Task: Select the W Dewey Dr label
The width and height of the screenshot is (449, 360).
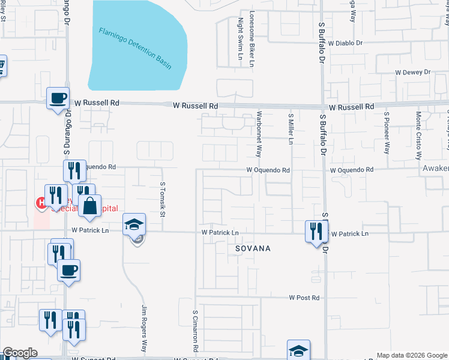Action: tap(413, 72)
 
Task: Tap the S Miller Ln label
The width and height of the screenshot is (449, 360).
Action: tap(291, 130)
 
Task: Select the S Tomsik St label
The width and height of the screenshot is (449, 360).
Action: tap(163, 200)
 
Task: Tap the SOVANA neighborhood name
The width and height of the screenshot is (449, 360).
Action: tap(253, 248)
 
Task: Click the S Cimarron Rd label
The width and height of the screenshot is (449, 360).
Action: tap(196, 330)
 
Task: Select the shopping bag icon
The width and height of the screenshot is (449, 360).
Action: tap(89, 206)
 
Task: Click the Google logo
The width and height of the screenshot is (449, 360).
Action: tap(20, 353)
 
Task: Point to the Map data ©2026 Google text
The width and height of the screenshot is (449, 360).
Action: tap(412, 355)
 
